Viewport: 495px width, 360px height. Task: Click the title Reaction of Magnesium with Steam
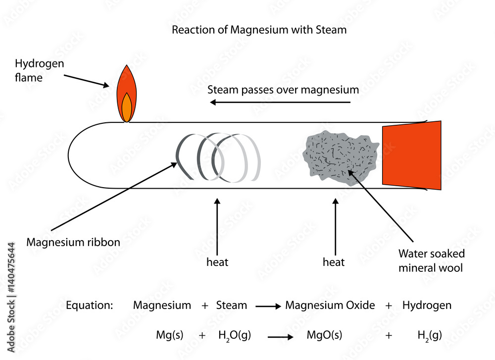point(259,30)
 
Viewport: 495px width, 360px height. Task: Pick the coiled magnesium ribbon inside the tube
point(218,156)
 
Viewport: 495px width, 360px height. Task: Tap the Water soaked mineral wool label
point(432,261)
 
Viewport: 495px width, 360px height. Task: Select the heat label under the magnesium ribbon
point(217,262)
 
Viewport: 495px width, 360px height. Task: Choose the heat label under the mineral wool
point(334,262)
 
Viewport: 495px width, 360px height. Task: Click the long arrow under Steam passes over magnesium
point(280,103)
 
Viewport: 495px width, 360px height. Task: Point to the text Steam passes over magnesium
point(283,90)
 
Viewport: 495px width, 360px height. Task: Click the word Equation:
point(90,306)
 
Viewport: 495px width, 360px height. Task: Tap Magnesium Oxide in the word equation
point(330,306)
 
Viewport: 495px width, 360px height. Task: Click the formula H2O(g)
point(234,336)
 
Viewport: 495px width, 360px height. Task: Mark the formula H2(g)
point(430,336)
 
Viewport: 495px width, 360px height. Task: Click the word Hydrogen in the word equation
point(427,306)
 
